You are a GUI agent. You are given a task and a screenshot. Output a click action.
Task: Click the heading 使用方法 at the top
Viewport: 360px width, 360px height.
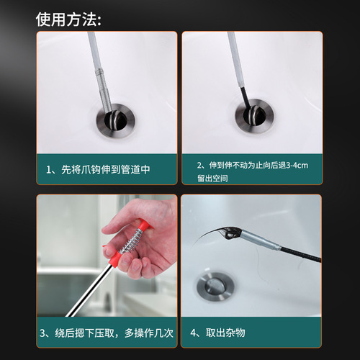[69, 17]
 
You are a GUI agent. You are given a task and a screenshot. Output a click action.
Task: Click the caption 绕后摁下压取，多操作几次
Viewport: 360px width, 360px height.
[107, 333]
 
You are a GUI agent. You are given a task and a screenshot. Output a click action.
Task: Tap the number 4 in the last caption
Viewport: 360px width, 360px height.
[194, 333]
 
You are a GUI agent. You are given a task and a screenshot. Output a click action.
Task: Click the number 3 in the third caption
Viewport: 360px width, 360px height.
[48, 333]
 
